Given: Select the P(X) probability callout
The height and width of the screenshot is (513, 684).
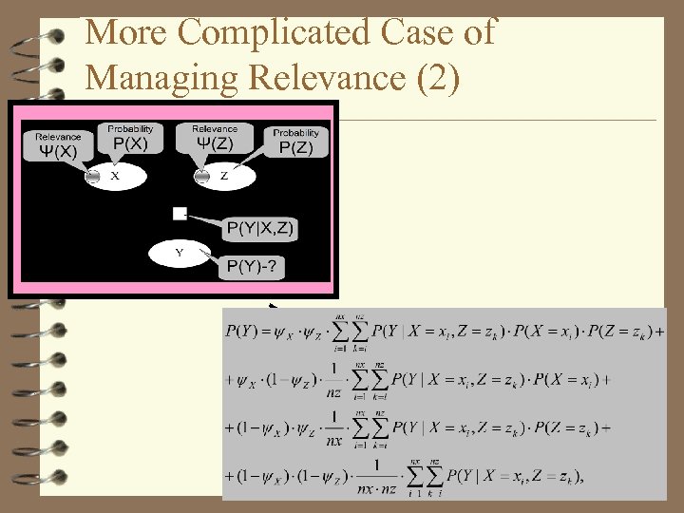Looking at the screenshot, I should click(x=130, y=140).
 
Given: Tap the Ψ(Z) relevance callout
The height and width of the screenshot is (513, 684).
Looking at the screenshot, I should click(x=215, y=140).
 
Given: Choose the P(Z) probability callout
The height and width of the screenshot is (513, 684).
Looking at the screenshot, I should click(x=295, y=143).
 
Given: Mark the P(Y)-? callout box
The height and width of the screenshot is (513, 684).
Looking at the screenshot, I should click(x=253, y=268).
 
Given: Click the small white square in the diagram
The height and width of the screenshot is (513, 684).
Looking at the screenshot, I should click(x=180, y=214).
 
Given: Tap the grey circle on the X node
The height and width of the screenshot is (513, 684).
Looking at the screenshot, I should click(x=93, y=176).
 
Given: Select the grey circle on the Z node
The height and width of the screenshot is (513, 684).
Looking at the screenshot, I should click(x=201, y=176).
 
